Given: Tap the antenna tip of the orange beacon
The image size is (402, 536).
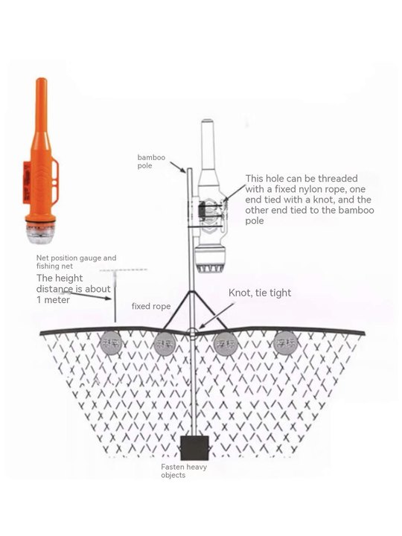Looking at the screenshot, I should tap(39, 82).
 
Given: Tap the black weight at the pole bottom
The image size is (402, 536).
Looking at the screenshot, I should tap(194, 447).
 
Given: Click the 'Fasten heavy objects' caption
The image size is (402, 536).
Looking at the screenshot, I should tap(184, 470).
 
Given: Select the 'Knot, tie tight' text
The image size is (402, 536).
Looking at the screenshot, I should tap(259, 293).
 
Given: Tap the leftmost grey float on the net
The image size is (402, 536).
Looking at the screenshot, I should tap(112, 344).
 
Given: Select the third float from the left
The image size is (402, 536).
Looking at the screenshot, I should tap(225, 344).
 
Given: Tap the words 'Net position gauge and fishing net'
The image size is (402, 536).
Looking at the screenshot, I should tap(76, 262).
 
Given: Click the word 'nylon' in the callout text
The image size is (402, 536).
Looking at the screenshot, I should tap(304, 190).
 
